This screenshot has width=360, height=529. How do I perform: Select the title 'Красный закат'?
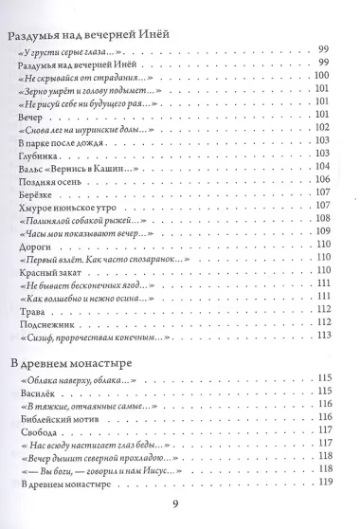click(x=50, y=268)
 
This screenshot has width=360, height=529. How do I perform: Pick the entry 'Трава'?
click(x=32, y=307)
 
